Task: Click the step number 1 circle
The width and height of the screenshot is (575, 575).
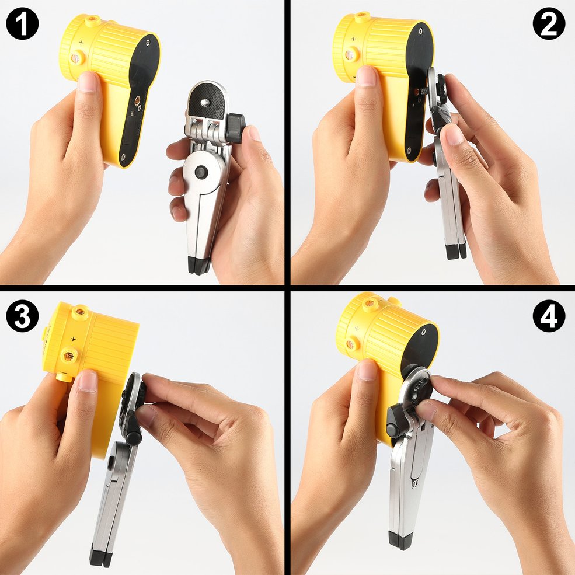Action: click(22, 23)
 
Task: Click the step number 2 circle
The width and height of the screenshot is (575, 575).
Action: click(549, 23)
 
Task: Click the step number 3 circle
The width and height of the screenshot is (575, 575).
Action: click(22, 316)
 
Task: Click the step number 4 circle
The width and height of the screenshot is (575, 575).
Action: click(549, 316)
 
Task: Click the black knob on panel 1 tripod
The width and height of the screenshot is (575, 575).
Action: click(235, 127)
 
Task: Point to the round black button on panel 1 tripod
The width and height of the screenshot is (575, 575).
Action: click(201, 172)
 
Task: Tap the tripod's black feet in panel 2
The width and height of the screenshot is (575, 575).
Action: click(456, 250)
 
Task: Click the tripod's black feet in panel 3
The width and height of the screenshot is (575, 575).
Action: click(100, 557)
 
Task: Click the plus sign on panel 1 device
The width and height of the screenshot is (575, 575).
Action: click(81, 43)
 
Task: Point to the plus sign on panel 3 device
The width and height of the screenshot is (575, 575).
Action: click(73, 339)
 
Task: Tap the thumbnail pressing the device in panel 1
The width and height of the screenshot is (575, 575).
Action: click(88, 82)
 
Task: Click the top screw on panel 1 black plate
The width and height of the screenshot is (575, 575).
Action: click(148, 42)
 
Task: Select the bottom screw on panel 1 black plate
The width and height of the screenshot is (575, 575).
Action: click(123, 157)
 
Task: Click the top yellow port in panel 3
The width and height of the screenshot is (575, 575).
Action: click(81, 313)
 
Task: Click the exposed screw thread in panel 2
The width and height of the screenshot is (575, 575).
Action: click(424, 90)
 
